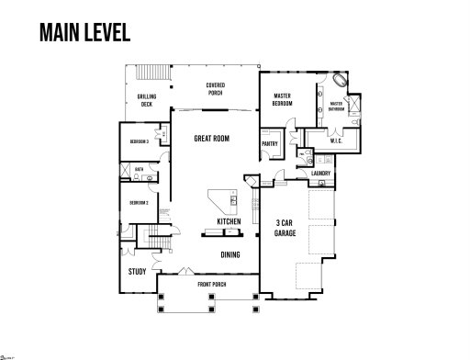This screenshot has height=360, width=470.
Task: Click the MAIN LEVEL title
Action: [x=84, y=32]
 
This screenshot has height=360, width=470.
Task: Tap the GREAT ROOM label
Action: [x=211, y=139]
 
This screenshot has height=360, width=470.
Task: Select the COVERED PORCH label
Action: [x=215, y=88]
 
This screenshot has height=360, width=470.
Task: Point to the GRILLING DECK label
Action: [x=147, y=100]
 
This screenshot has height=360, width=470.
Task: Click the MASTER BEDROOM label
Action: [x=282, y=100]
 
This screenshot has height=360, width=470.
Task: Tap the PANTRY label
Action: [x=270, y=144]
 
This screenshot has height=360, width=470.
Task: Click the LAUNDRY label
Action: [x=321, y=173]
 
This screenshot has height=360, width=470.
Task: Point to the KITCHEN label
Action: [x=229, y=222]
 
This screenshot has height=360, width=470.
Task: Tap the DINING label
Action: [x=230, y=254]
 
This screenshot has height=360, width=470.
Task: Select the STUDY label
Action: [x=138, y=272]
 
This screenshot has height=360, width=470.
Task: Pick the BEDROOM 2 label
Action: [x=139, y=202]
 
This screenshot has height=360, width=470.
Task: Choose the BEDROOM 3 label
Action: [x=139, y=141]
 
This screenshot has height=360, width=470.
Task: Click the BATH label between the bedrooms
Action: [x=140, y=170]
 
